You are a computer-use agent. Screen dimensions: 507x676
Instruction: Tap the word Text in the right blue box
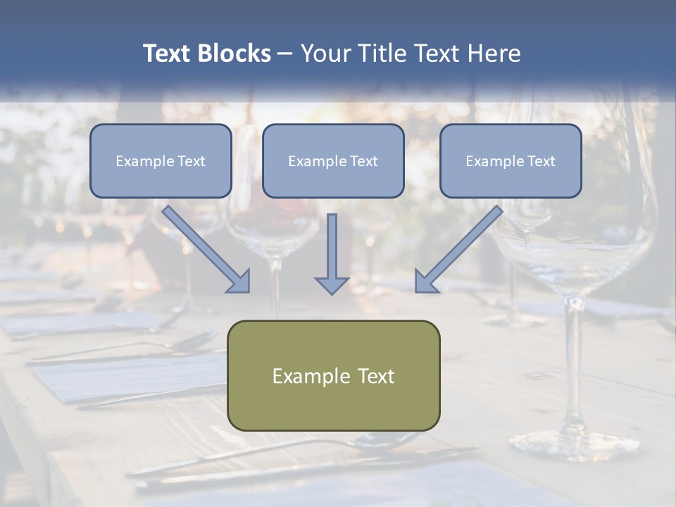pyautogui.click(x=542, y=161)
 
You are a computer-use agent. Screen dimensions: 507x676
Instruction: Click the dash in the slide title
pyautogui.click(x=285, y=54)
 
